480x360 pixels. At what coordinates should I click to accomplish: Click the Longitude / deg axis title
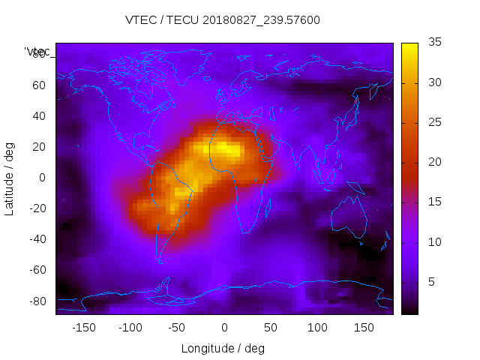[x=223, y=348]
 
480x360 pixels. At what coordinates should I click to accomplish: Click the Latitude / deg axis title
[x=10, y=178]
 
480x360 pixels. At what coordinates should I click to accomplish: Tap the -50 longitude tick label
[x=177, y=328]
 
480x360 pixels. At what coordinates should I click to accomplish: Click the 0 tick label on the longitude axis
[x=224, y=328]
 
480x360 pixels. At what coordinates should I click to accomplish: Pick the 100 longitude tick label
[x=318, y=328]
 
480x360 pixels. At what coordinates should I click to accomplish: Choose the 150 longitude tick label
[x=364, y=328]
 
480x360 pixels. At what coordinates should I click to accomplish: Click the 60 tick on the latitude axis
[x=39, y=85]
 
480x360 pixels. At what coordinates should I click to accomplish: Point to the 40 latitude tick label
[x=39, y=116]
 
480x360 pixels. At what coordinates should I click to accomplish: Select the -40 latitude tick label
[x=37, y=239]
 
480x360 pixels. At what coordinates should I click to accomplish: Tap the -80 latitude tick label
[x=37, y=301]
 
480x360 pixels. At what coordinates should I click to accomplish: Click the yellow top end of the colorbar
[x=409, y=46]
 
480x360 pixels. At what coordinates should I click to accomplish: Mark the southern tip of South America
[x=160, y=261]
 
